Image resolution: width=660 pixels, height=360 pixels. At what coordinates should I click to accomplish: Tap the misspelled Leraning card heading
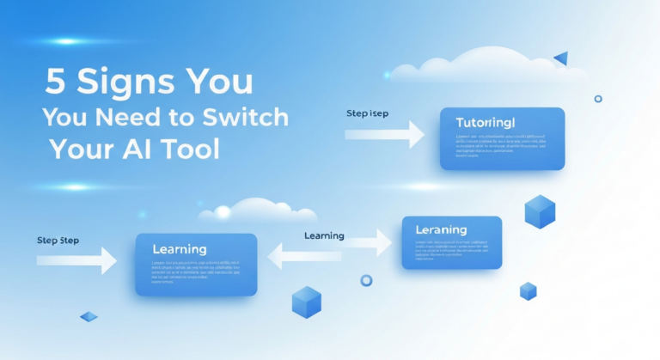[x=441, y=230]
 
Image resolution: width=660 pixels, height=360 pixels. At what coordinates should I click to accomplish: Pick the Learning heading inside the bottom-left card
[x=179, y=249]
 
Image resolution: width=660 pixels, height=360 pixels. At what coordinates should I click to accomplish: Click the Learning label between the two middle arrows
[x=324, y=235]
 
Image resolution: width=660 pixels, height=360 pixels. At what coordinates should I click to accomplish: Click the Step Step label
[x=58, y=241]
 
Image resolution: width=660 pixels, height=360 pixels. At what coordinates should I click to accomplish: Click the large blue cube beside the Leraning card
[x=540, y=211]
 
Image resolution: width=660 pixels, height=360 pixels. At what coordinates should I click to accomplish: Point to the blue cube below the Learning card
[x=306, y=302]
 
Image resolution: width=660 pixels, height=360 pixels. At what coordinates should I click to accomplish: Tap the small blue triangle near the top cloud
[x=561, y=58]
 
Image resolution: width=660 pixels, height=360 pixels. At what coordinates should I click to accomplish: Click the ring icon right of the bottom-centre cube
[x=366, y=280]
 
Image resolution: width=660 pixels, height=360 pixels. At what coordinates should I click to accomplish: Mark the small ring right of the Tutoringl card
[x=598, y=99]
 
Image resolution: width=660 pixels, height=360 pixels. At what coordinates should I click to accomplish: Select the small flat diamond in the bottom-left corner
[x=89, y=317]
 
